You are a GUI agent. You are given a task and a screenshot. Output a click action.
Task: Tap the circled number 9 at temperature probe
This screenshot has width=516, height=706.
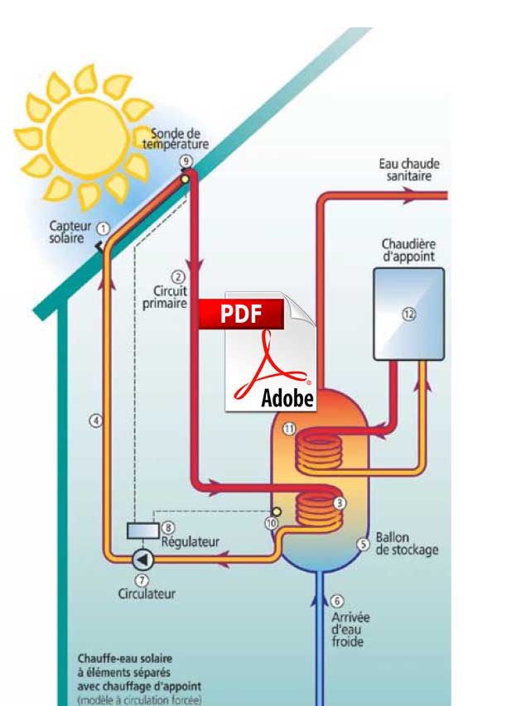(185, 160)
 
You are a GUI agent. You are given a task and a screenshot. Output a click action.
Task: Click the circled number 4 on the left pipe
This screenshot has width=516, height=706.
(96, 420)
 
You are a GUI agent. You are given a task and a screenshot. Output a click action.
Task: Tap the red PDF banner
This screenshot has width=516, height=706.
(240, 315)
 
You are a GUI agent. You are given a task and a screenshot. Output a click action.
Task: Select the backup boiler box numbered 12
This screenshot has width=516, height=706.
(408, 313)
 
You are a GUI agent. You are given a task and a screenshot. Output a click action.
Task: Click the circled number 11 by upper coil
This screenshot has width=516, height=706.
(288, 428)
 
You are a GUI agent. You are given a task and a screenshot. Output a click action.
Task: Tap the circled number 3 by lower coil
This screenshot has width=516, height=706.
(338, 502)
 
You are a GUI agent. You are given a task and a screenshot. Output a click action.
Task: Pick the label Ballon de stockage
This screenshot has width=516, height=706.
(407, 543)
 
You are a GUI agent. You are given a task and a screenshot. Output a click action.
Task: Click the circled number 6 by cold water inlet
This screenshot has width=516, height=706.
(336, 602)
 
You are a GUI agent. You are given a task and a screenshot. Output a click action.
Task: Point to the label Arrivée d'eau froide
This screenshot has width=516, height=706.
(350, 629)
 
